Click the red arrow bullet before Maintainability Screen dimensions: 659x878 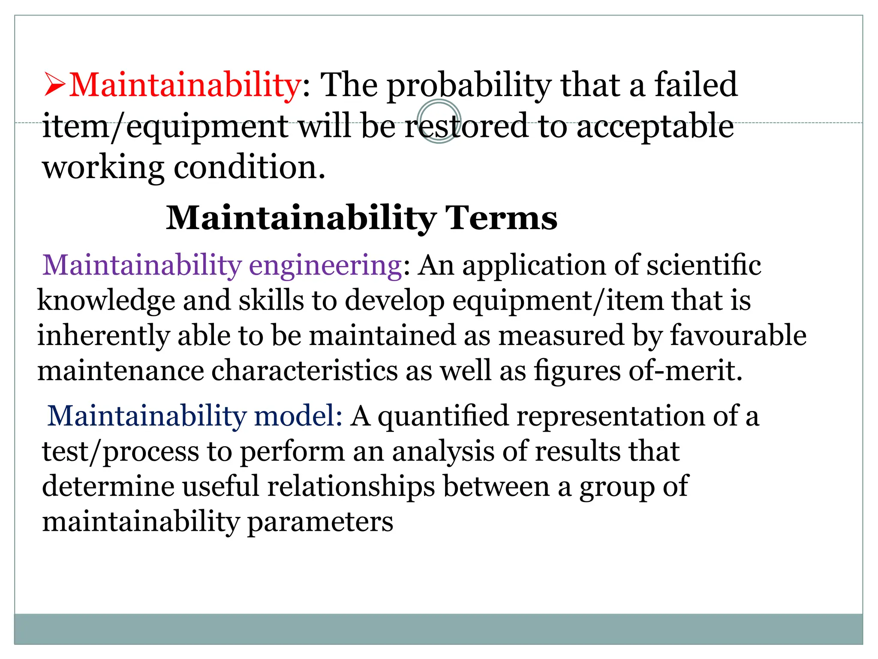point(55,85)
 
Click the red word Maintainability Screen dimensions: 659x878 point(185,85)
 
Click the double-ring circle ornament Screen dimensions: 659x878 point(439,121)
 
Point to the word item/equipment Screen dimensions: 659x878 point(165,127)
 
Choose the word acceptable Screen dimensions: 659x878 point(655,127)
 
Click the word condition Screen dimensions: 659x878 point(249,167)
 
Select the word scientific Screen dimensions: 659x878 point(704,265)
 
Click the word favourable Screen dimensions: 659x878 point(738,335)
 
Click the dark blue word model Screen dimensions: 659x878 point(298,416)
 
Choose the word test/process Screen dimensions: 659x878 point(120,452)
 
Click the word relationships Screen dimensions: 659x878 point(351,487)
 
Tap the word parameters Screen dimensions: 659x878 point(320,523)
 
